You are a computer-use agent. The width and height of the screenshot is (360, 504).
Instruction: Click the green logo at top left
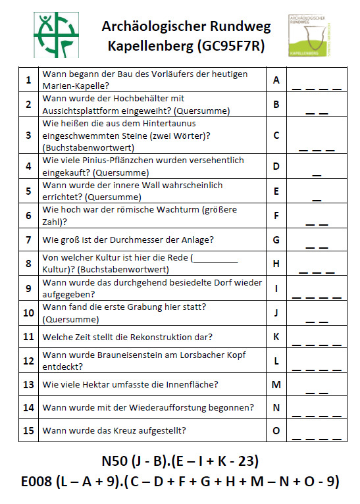tap(55, 35)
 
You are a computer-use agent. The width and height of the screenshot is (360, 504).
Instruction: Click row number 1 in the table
tap(28, 80)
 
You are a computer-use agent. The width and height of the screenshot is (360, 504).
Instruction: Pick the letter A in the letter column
tap(276, 80)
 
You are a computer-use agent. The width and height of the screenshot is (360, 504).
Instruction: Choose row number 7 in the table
tap(28, 239)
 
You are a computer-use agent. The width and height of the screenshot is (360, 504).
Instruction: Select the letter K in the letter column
tap(276, 337)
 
